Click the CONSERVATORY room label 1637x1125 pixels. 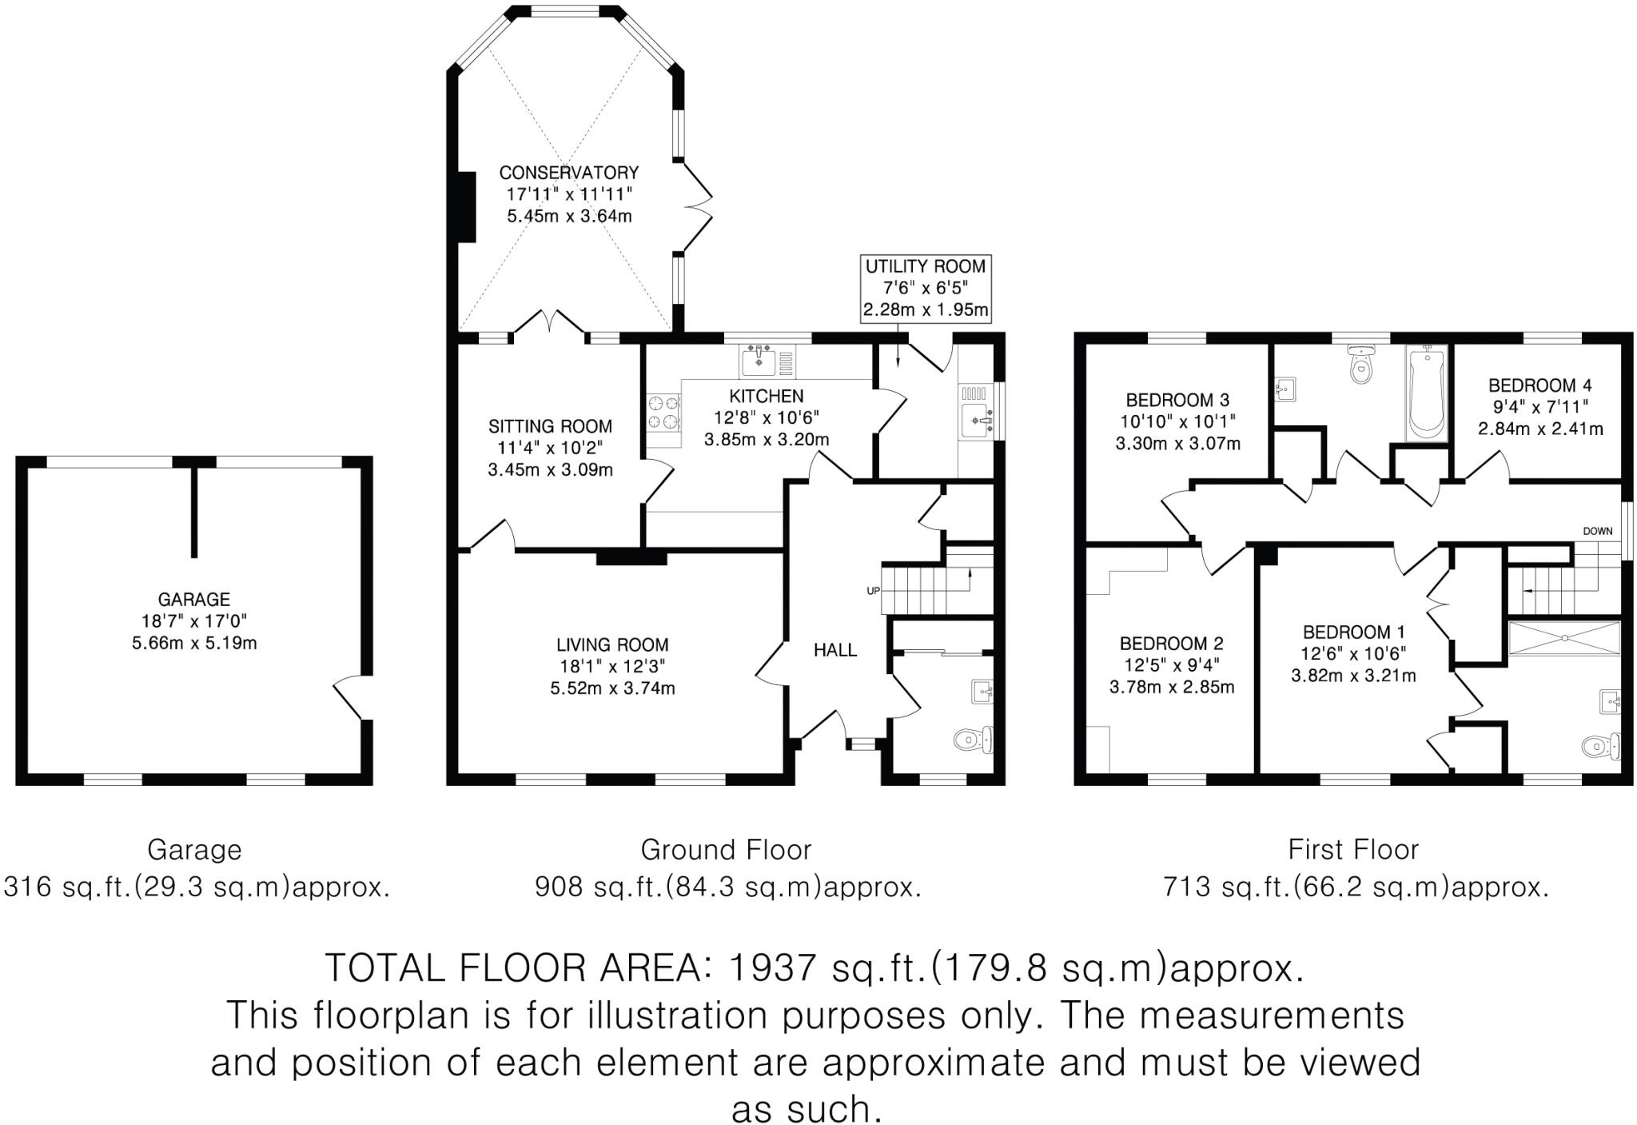tap(568, 173)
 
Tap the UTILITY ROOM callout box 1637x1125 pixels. tap(926, 289)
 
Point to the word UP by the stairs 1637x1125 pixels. tap(873, 591)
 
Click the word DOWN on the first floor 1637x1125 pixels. tap(1598, 531)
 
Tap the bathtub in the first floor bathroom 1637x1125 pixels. tap(1426, 393)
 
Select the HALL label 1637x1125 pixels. tap(835, 650)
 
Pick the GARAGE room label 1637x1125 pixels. tap(193, 599)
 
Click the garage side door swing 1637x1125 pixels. tap(350, 696)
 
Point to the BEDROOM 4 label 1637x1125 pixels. tap(1533, 385)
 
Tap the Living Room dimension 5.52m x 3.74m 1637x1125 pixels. tap(612, 688)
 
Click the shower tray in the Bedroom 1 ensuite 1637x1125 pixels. tap(1564, 638)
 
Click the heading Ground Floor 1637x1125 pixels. tap(726, 849)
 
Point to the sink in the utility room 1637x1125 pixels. tap(978, 420)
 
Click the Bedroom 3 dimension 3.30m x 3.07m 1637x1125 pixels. tap(1177, 443)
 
